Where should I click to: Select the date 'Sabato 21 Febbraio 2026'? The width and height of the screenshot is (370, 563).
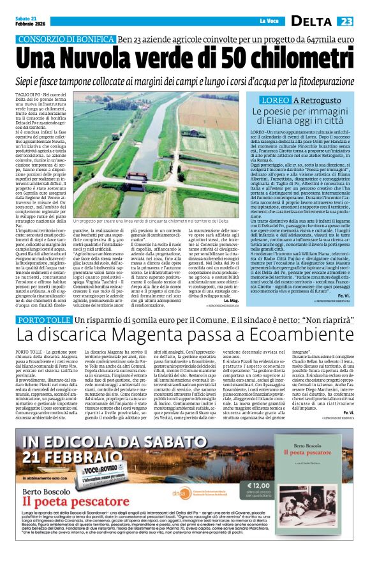tap(32, 20)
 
